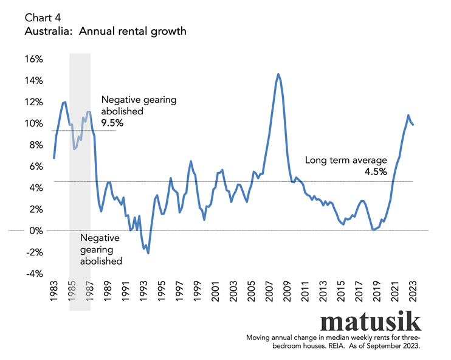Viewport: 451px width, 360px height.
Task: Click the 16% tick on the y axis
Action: coord(33,59)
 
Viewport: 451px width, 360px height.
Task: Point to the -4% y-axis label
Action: coord(33,274)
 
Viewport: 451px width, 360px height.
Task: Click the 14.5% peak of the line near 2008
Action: coord(278,74)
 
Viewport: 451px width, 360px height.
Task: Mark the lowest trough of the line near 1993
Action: coord(148,253)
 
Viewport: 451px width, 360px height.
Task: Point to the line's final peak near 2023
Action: coord(408,115)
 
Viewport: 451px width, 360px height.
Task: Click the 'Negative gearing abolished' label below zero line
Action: coord(101,249)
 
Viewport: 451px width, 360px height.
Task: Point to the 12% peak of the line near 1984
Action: coord(64,102)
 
